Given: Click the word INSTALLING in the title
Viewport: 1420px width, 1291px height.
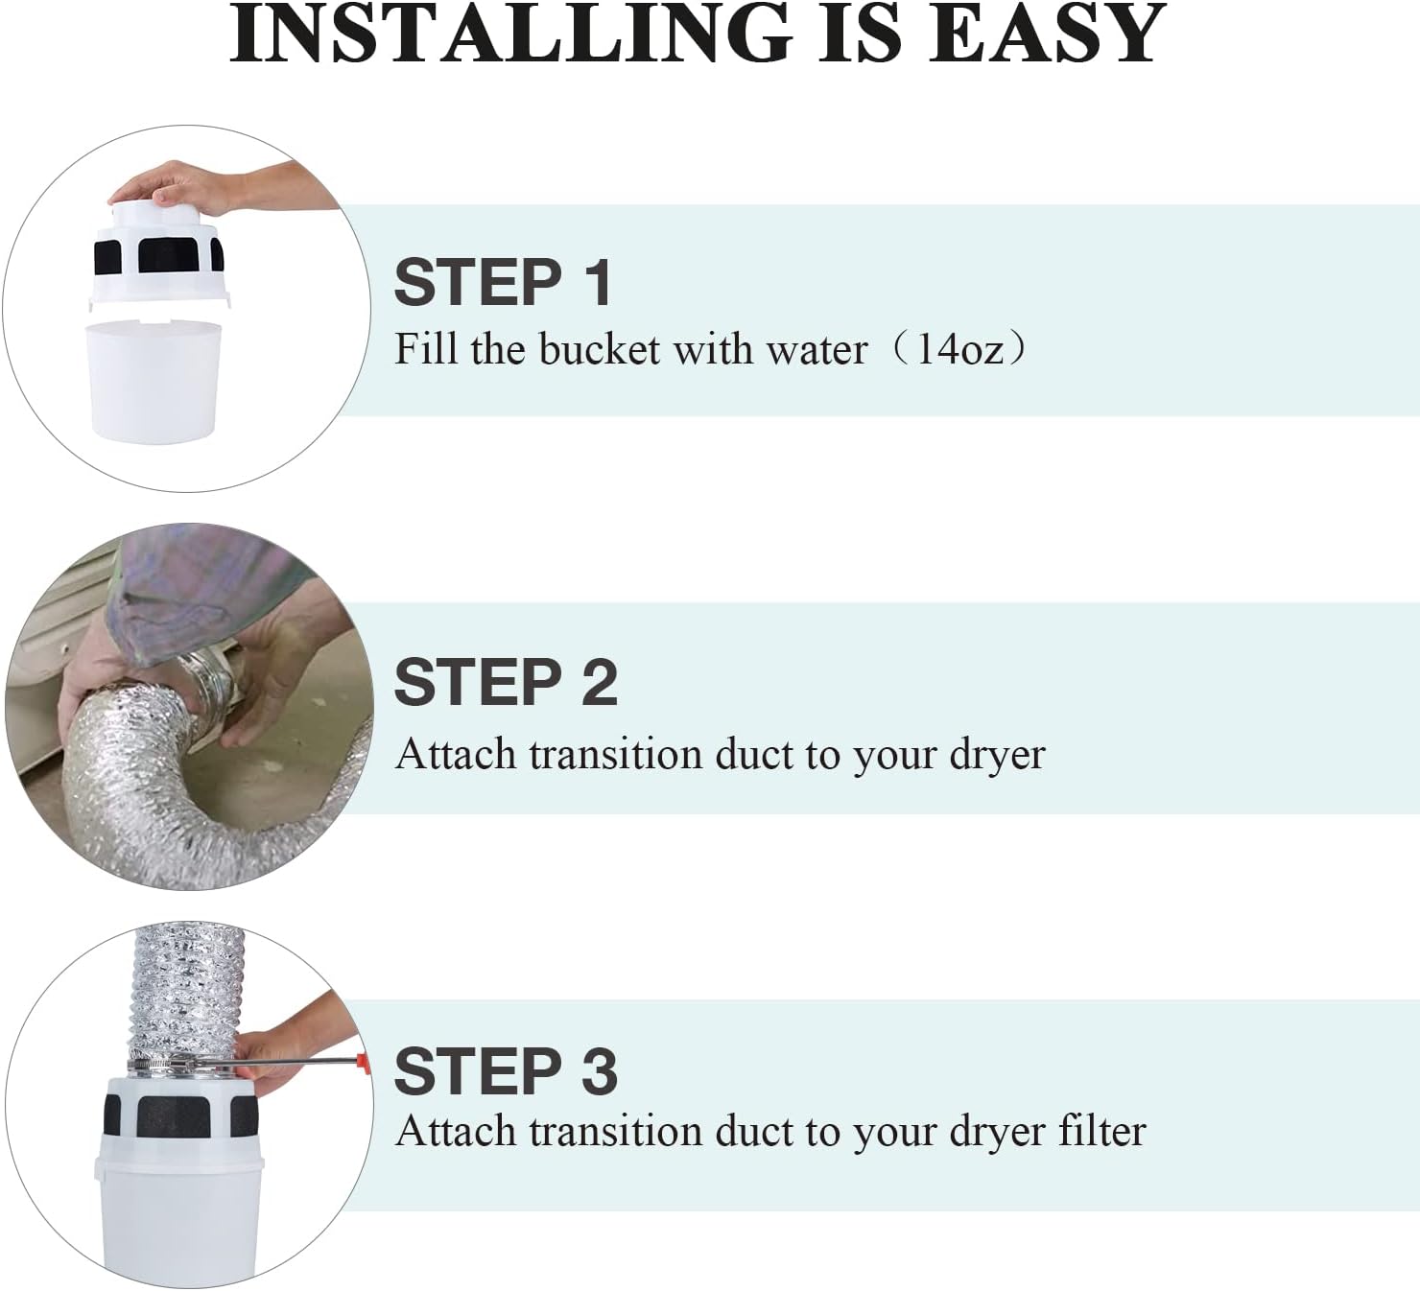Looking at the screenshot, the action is point(511,34).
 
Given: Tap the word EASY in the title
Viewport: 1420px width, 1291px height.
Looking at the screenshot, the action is point(1046,34).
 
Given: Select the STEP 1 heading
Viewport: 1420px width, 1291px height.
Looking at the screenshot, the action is point(503,282).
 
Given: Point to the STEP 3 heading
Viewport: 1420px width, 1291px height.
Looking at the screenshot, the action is point(506,1071).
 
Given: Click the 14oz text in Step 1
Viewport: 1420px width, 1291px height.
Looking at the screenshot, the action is point(959,350).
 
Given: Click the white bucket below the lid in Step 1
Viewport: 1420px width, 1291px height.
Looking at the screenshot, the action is point(153,382).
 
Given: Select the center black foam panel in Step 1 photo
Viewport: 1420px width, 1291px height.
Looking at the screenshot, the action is point(169,255).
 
